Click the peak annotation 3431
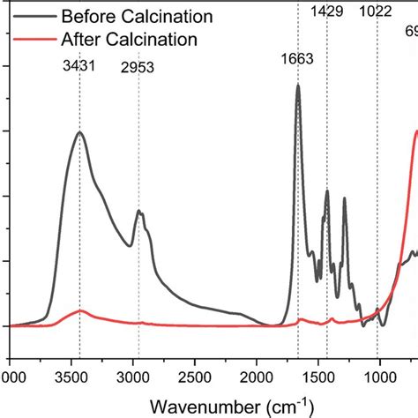tap(78, 65)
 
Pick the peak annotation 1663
tap(297, 59)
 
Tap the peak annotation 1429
tap(327, 11)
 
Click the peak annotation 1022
tap(377, 11)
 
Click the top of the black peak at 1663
tap(298, 86)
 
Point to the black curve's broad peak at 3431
tap(80, 132)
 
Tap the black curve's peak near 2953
tap(138, 211)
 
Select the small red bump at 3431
tap(80, 310)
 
